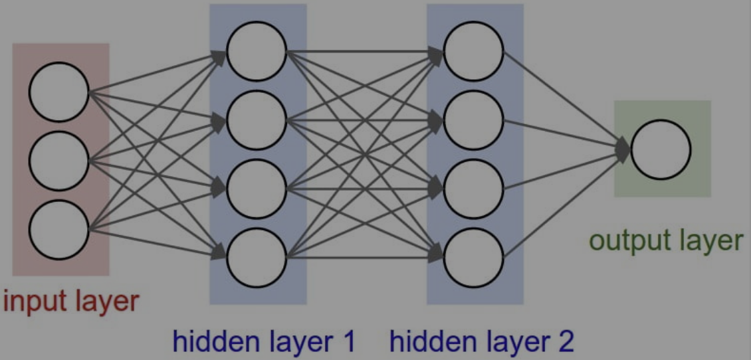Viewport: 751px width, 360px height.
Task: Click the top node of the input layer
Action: pos(58,92)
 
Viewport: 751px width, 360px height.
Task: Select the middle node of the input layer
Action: pos(58,161)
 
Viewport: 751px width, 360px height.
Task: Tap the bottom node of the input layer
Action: pos(58,230)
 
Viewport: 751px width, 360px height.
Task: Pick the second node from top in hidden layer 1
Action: pos(257,120)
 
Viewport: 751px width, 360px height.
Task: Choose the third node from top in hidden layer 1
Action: pos(257,189)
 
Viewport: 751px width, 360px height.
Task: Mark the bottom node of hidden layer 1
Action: pos(257,258)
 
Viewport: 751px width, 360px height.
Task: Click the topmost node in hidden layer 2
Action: pos(474,51)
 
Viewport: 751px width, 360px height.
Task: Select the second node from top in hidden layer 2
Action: pos(474,120)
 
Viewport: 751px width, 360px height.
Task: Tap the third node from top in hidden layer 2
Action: pos(474,189)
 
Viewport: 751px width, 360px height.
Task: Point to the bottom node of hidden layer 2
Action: pos(474,258)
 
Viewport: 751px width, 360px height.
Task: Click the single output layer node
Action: pos(661,149)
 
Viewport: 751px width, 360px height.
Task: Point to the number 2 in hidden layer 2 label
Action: pos(565,341)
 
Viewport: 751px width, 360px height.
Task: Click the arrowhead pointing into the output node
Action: pos(624,149)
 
